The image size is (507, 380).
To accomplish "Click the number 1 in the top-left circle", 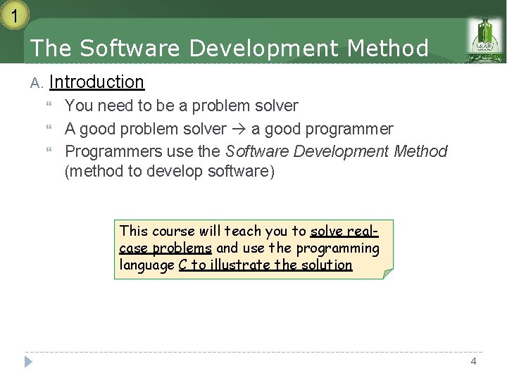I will [x=13, y=13].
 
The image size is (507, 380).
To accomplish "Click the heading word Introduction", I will [x=96, y=82].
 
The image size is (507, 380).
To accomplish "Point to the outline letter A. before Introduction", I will [x=37, y=84].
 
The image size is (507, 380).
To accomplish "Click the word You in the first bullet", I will [x=78, y=106].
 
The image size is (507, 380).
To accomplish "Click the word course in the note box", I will [x=174, y=231].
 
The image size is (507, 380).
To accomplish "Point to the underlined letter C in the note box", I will [x=183, y=265].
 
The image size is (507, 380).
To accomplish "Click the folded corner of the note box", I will [x=387, y=273].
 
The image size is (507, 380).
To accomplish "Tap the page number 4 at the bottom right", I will [x=473, y=361].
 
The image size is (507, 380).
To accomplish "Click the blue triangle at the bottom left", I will [x=28, y=362].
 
